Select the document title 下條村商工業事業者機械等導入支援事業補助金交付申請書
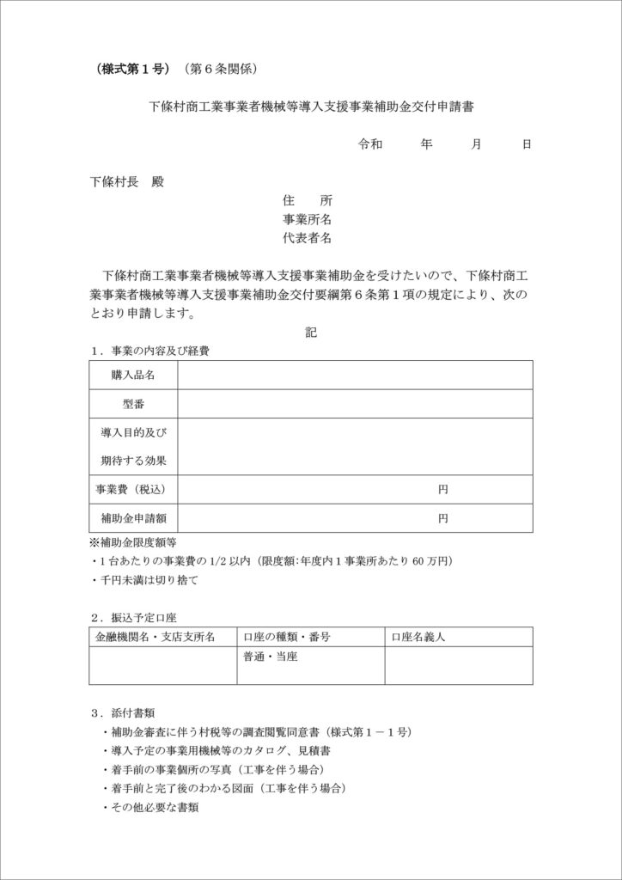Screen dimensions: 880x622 pos(312,107)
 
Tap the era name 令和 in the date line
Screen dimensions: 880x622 pos(370,144)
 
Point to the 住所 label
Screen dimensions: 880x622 pos(307,200)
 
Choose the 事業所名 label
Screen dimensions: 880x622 pos(307,219)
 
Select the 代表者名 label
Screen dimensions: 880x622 pos(307,238)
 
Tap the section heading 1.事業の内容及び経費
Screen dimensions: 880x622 pos(151,351)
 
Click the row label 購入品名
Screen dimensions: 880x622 pos(133,376)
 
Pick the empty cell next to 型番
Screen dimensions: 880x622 pos(355,404)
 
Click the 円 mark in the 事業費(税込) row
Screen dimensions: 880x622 pos(442,489)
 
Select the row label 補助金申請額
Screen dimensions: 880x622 pos(133,518)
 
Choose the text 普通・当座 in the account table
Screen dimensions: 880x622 pos(271,657)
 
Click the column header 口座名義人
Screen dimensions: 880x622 pos(418,638)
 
